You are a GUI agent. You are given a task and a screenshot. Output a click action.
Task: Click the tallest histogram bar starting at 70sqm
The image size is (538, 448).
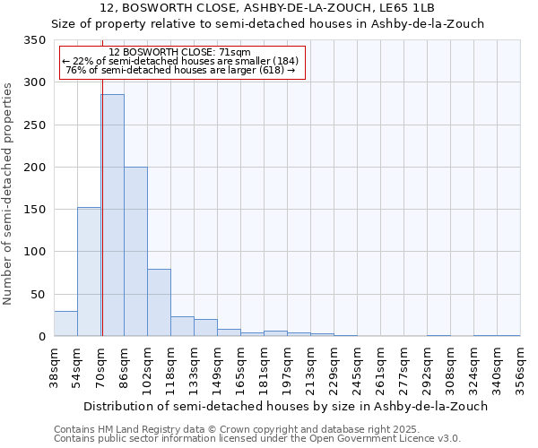112,215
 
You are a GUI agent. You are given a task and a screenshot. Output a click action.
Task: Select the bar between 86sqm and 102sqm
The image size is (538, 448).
135,252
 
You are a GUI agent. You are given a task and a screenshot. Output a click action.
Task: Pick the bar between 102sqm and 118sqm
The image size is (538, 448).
159,303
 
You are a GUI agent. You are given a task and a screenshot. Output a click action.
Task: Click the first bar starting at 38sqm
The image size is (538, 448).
65,323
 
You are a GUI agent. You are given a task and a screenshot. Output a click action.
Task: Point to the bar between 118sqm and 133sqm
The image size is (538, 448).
182,326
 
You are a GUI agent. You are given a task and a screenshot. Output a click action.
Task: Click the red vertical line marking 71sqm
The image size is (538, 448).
102,179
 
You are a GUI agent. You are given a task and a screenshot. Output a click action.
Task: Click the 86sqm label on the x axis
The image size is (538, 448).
124,366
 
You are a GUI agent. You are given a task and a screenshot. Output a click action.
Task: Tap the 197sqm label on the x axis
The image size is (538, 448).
287,366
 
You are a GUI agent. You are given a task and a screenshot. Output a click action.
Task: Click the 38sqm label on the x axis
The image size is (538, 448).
54,366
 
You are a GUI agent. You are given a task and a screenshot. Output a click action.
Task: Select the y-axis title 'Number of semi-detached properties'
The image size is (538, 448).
8,194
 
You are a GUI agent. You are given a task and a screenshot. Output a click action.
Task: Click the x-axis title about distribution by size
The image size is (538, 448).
271,406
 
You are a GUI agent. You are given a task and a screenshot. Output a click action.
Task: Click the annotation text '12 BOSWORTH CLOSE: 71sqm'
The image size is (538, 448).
183,53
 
